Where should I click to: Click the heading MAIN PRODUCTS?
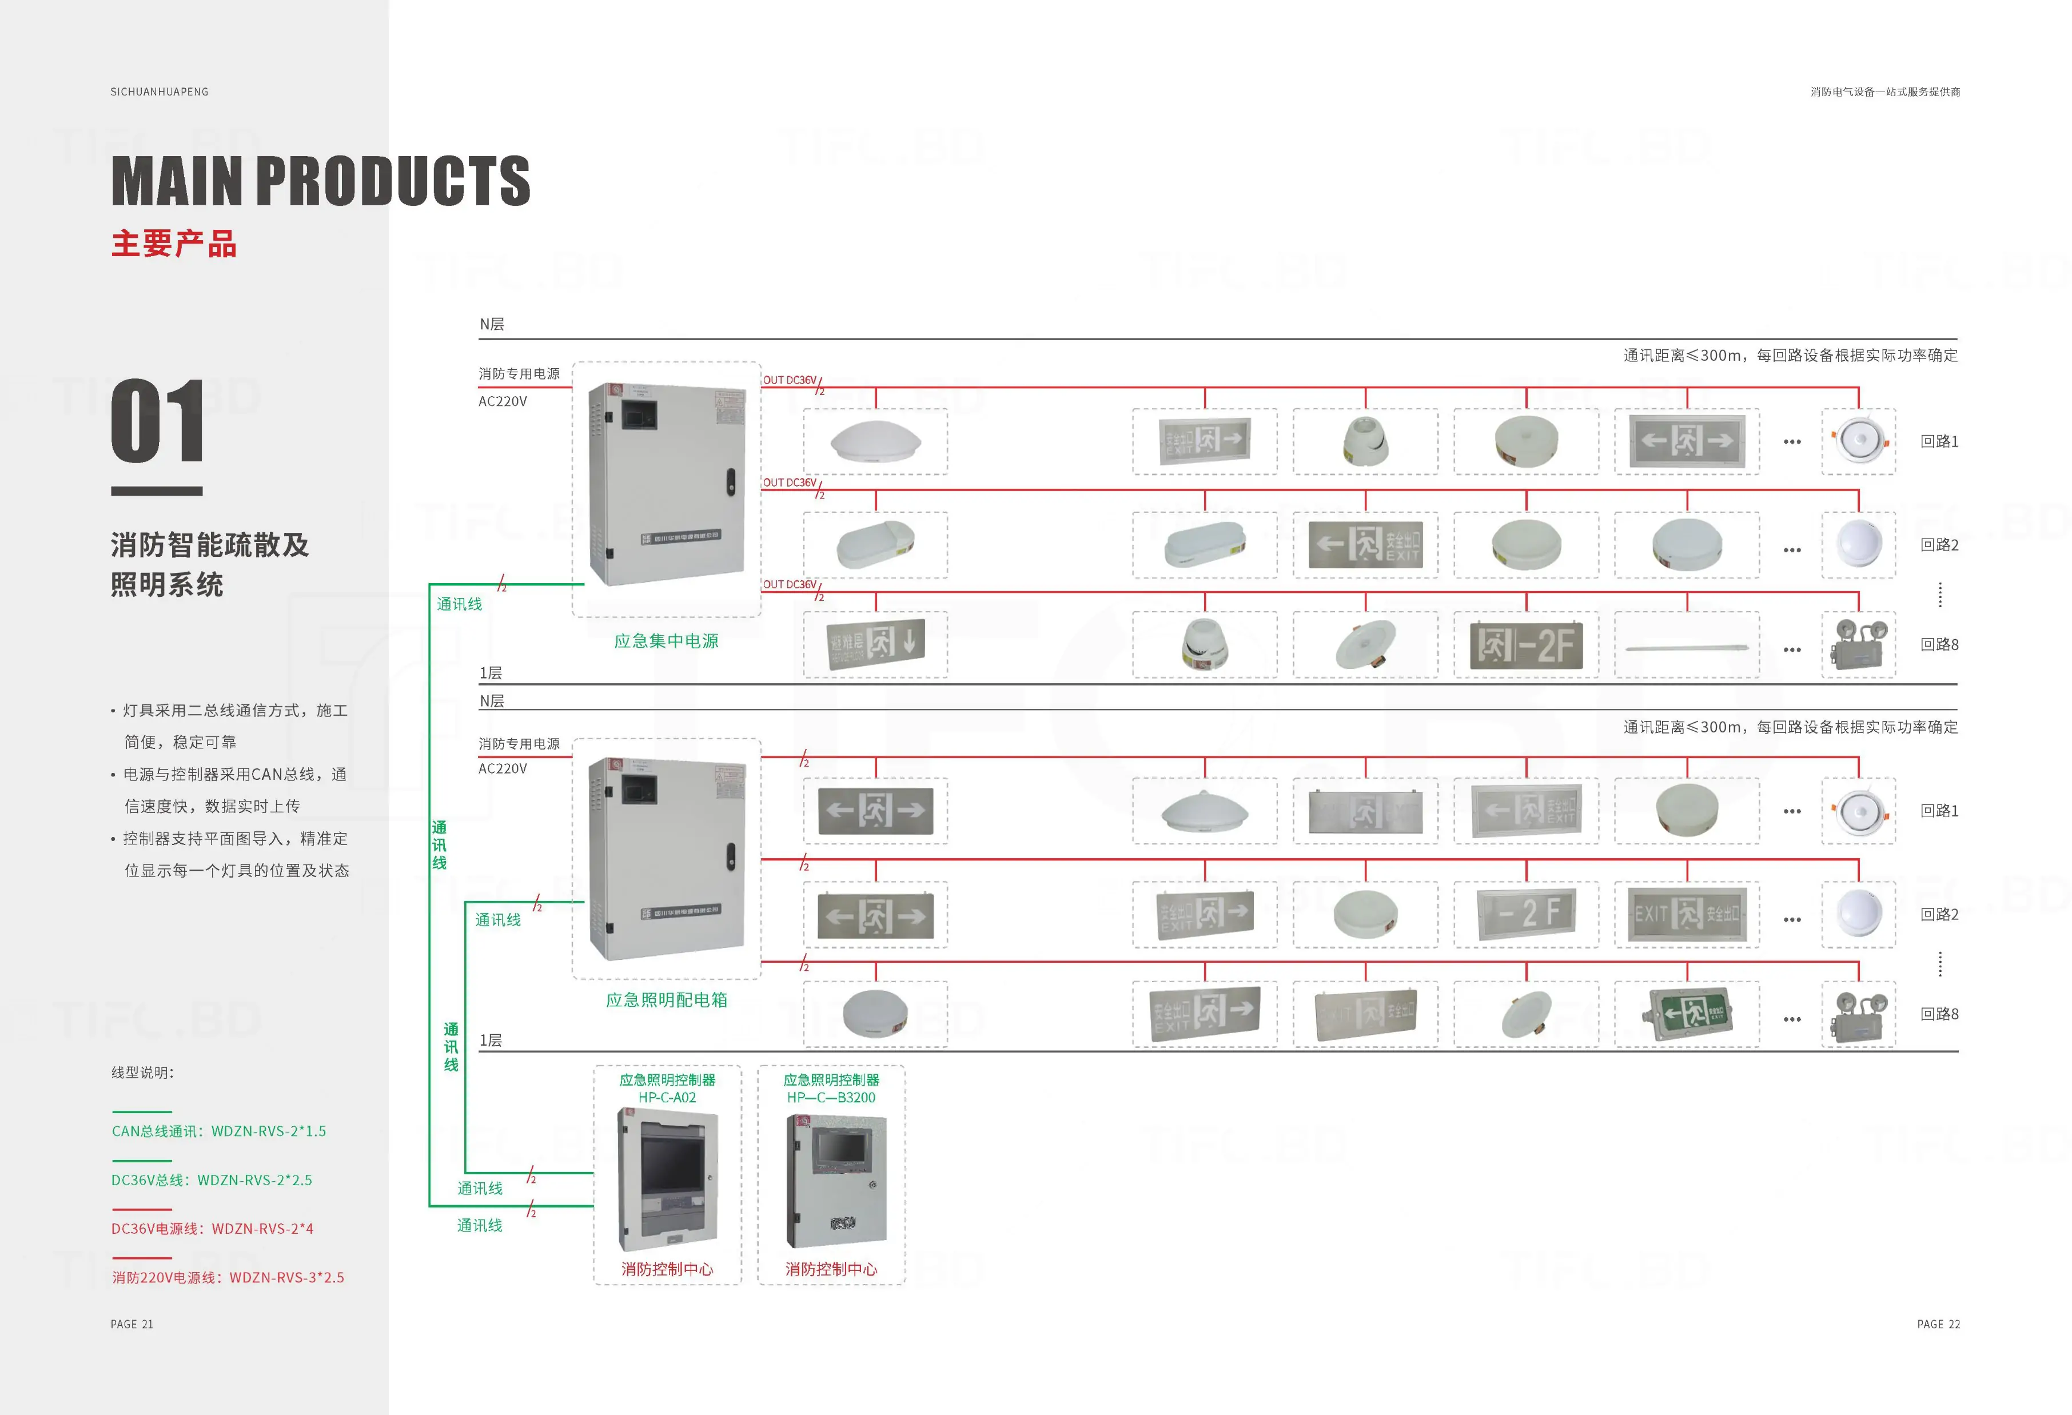click(x=320, y=181)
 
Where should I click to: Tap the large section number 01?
click(x=158, y=420)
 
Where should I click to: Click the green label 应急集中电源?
click(x=666, y=641)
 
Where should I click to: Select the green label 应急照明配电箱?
click(x=666, y=999)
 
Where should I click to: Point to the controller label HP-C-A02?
click(x=667, y=1098)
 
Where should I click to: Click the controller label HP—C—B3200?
click(x=831, y=1098)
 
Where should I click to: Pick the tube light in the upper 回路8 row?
click(x=1687, y=647)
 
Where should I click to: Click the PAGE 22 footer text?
click(x=1938, y=1324)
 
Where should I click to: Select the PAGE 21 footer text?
click(x=132, y=1324)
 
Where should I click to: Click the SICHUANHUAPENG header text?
click(x=160, y=92)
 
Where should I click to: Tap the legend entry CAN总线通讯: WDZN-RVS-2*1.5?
click(x=218, y=1131)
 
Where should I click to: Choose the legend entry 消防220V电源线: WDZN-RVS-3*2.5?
click(x=228, y=1277)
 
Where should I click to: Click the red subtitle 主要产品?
click(x=174, y=244)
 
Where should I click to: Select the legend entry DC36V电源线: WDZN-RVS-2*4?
click(x=212, y=1227)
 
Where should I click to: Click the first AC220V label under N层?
click(x=503, y=401)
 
